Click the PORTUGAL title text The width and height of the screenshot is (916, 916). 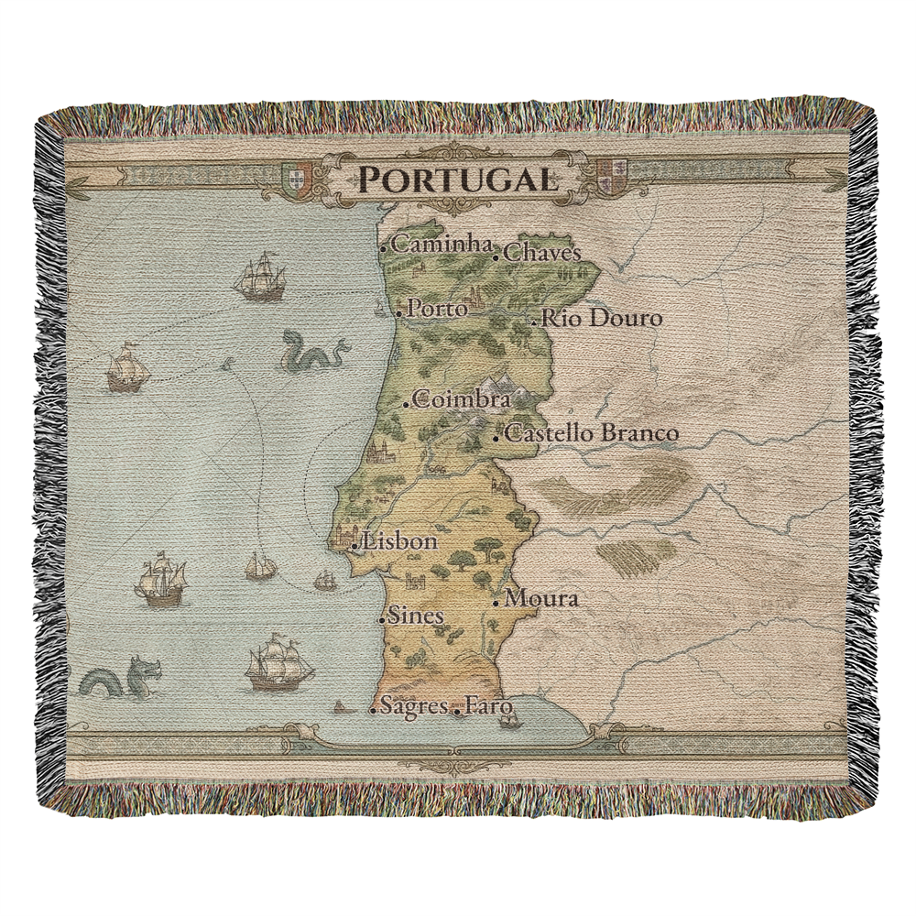point(456,178)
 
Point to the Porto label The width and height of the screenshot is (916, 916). point(437,309)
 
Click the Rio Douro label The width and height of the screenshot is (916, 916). point(601,318)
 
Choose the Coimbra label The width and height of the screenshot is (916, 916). point(462,399)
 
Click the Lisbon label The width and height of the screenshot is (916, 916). point(400,541)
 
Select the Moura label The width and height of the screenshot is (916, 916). point(541,599)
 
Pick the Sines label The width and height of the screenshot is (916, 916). point(416,616)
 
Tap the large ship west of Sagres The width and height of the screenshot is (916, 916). point(278,664)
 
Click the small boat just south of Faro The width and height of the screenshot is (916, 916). point(507,721)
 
